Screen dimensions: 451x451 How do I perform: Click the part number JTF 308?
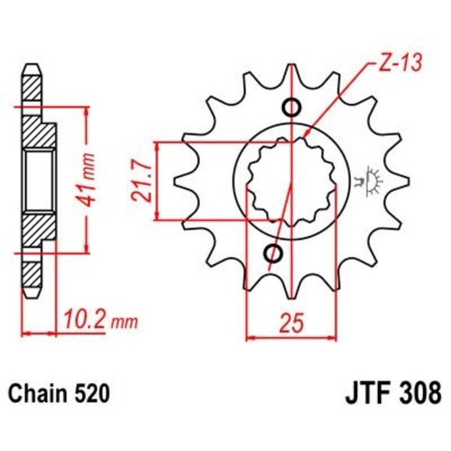click(392, 393)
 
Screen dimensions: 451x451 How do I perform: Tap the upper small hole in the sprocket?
click(291, 107)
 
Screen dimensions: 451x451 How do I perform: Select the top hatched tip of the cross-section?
click(32, 85)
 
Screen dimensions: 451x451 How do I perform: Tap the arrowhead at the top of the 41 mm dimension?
click(86, 113)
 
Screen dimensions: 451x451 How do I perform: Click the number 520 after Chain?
click(90, 393)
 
